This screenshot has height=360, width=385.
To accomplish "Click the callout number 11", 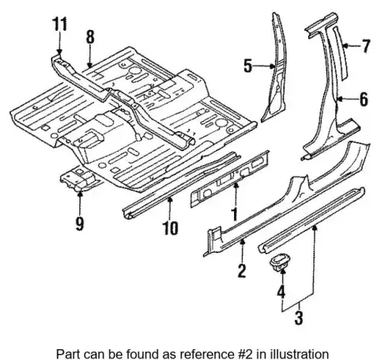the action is [x=60, y=24].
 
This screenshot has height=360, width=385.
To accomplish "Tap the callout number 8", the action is [x=90, y=37].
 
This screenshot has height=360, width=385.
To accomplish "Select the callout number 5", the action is [x=248, y=66].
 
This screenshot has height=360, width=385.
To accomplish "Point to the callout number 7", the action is [x=366, y=46].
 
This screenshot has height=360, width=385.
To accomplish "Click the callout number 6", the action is [x=363, y=99].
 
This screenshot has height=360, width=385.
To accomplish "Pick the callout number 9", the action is [x=79, y=224].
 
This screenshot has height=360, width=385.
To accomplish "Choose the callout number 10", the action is [x=170, y=227].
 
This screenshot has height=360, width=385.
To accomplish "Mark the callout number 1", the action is [x=234, y=214].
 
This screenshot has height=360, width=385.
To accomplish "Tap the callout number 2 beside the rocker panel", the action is [x=242, y=271].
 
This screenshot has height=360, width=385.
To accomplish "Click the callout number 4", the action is [x=281, y=291].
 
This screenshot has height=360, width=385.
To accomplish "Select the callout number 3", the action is [x=299, y=318].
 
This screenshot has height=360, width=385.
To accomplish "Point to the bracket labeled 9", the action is [x=79, y=179].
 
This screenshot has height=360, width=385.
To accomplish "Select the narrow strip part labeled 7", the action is [x=341, y=52].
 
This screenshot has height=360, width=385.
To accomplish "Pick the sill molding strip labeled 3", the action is [x=312, y=220].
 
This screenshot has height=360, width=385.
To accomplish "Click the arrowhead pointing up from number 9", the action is [x=80, y=193].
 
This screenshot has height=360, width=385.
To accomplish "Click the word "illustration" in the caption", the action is [x=300, y=355].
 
